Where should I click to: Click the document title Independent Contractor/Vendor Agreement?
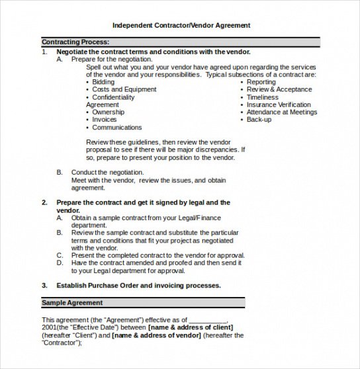[181, 26]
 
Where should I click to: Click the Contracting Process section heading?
[75, 42]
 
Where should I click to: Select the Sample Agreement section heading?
[72, 302]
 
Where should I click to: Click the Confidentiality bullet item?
[113, 97]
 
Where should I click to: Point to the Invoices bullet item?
[105, 120]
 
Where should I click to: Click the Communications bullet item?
[117, 128]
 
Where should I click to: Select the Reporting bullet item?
[261, 82]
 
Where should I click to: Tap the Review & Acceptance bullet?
[279, 89]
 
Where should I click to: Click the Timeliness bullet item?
[263, 97]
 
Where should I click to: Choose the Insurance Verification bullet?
[279, 104]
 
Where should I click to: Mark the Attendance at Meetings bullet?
[282, 112]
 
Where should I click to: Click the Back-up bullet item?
[259, 120]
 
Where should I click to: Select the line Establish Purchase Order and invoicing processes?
[138, 286]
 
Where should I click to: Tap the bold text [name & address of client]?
[191, 327]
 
